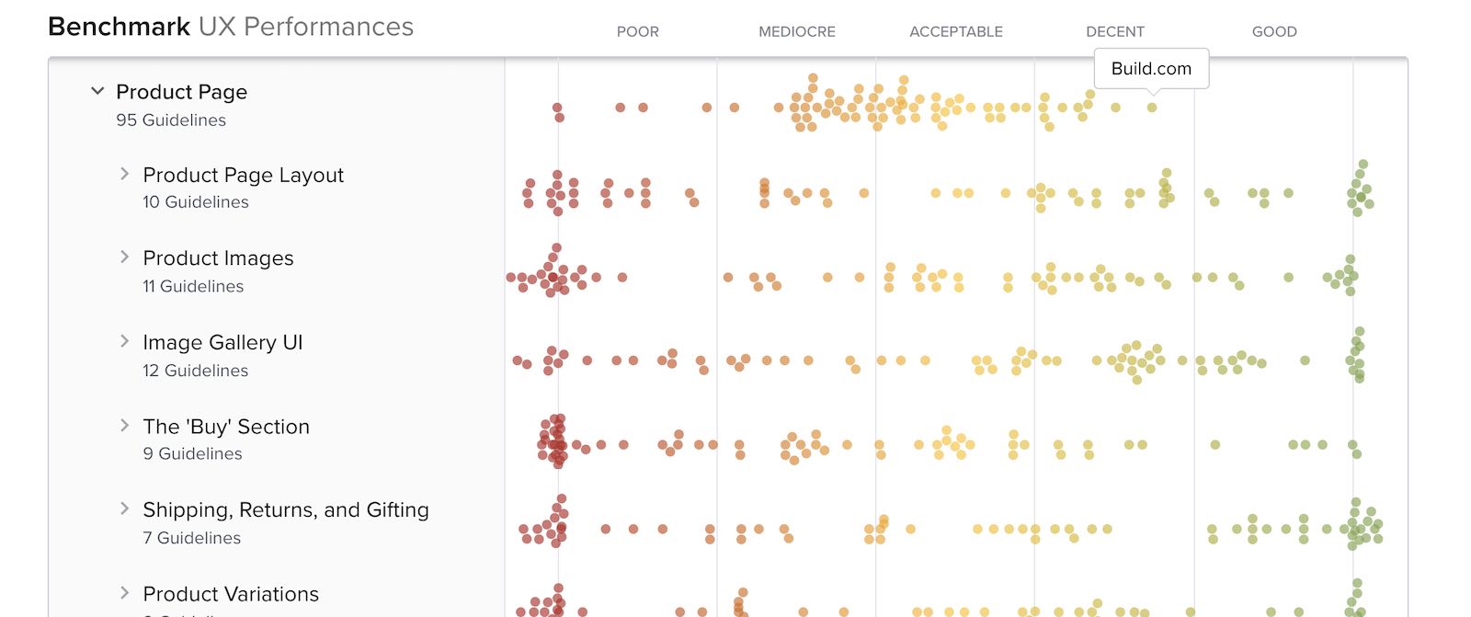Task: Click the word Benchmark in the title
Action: point(119,27)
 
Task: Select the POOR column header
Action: point(637,31)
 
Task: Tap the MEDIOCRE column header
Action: point(796,31)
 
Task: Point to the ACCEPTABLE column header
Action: point(955,31)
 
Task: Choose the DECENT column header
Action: point(1114,31)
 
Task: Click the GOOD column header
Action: point(1273,31)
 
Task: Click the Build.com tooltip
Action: point(1151,69)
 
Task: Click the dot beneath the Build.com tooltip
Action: point(1152,108)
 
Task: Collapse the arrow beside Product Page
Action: point(97,91)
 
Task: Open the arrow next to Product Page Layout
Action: point(124,174)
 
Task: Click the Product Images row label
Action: point(218,258)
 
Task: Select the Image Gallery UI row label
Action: point(222,342)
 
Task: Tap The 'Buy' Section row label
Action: point(226,427)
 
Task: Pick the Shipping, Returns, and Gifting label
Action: point(285,509)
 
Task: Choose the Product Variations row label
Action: point(231,594)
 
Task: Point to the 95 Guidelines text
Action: point(171,120)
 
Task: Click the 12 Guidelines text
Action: point(195,371)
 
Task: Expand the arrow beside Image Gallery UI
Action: point(124,341)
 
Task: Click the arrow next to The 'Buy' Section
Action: point(124,425)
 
